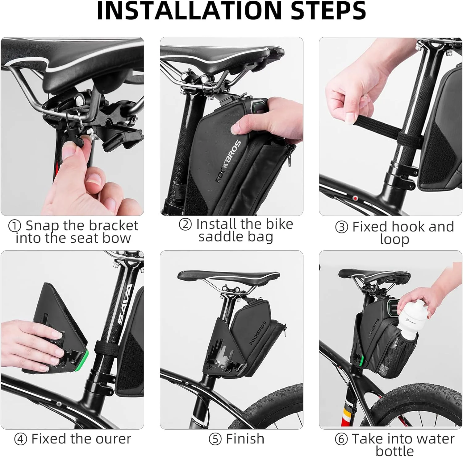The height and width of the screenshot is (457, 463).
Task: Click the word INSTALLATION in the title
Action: point(190,11)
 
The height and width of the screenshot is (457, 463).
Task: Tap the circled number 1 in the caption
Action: point(14,226)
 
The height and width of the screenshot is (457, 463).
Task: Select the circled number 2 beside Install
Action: point(185,224)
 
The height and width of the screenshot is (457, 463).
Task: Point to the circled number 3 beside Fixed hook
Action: point(341,227)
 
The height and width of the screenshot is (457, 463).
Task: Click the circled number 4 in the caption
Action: point(20,439)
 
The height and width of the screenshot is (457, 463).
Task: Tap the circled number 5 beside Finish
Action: point(215,439)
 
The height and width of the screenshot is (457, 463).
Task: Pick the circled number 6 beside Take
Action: point(341,439)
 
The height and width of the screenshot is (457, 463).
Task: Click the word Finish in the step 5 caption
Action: point(245,439)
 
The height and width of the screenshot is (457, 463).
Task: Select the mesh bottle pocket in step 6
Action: point(398,355)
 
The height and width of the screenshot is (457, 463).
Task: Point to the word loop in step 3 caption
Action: point(394,239)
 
